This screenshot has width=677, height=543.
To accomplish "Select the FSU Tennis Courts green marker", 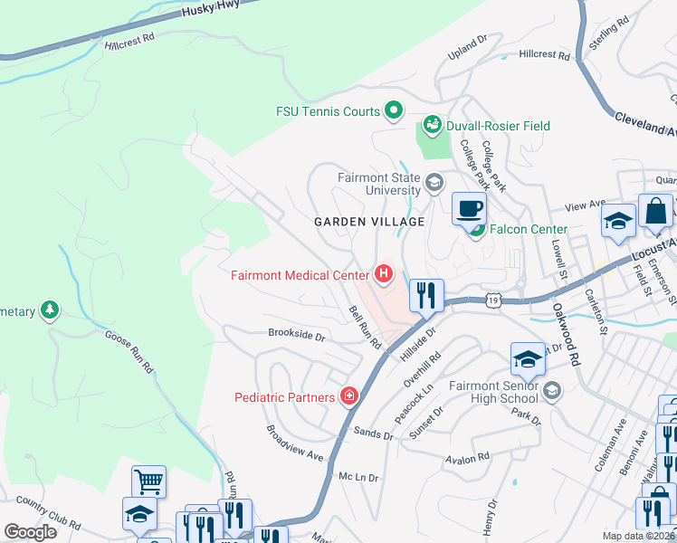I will tap(394, 111).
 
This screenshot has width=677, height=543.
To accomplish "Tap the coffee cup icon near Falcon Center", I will tap(468, 209).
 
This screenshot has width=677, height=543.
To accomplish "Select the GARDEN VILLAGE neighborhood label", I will tap(369, 222).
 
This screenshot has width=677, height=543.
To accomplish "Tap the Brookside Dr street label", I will tap(296, 334).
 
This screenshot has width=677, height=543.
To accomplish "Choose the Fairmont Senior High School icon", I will tap(551, 391).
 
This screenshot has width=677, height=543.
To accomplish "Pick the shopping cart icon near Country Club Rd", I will tap(148, 481).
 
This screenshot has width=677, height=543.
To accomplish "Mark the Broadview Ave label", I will tap(294, 443).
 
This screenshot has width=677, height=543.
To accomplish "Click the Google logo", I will tap(31, 531).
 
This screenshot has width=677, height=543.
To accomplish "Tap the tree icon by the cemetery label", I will tap(50, 311).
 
